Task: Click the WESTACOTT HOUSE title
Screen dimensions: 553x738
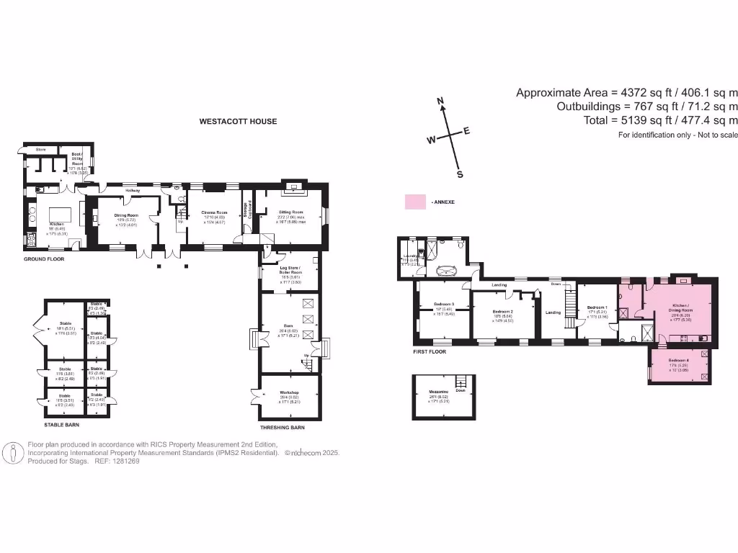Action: click(x=238, y=122)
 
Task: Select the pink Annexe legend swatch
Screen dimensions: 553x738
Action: click(x=415, y=202)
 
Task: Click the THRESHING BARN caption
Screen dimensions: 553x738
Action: click(x=282, y=428)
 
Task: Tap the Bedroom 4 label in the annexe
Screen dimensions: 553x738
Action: click(x=678, y=360)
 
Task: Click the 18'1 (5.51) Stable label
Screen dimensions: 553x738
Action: click(x=65, y=325)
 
